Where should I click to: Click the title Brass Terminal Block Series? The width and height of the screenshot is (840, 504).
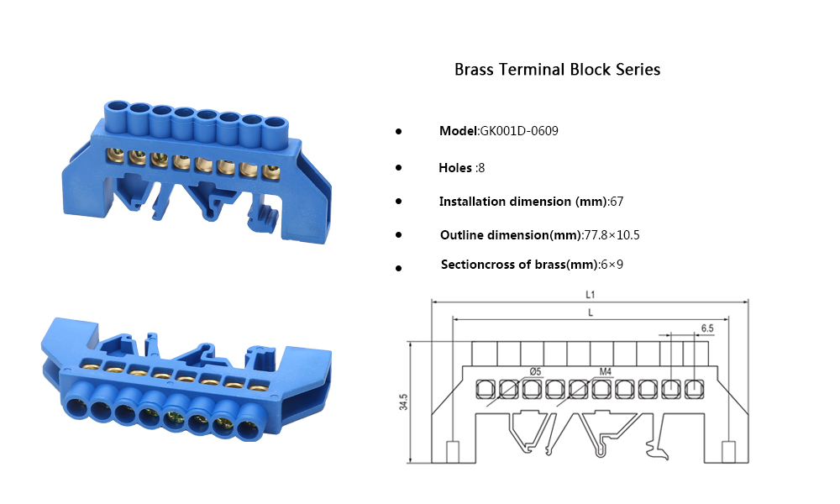pyautogui.click(x=557, y=70)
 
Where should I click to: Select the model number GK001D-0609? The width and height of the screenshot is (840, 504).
pyautogui.click(x=518, y=131)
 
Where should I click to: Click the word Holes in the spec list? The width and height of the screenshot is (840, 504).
pyautogui.click(x=455, y=168)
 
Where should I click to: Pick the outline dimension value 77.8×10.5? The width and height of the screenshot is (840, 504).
pyautogui.click(x=612, y=235)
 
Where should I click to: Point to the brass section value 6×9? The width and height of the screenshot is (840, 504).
pyautogui.click(x=612, y=265)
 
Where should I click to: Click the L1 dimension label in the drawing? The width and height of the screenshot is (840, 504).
pyautogui.click(x=590, y=295)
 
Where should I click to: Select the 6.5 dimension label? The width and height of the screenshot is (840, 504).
pyautogui.click(x=707, y=328)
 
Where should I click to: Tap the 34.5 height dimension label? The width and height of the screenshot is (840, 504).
pyautogui.click(x=404, y=402)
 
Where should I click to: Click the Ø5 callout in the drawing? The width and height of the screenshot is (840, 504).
pyautogui.click(x=536, y=370)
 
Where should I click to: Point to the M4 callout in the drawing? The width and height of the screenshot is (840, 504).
pyautogui.click(x=605, y=370)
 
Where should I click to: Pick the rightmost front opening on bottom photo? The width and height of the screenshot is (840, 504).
pyautogui.click(x=248, y=429)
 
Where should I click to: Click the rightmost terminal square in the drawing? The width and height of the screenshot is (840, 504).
pyautogui.click(x=694, y=388)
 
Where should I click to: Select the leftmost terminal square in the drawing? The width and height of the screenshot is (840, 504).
pyautogui.click(x=485, y=388)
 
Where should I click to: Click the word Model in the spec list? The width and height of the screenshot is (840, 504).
pyautogui.click(x=458, y=131)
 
